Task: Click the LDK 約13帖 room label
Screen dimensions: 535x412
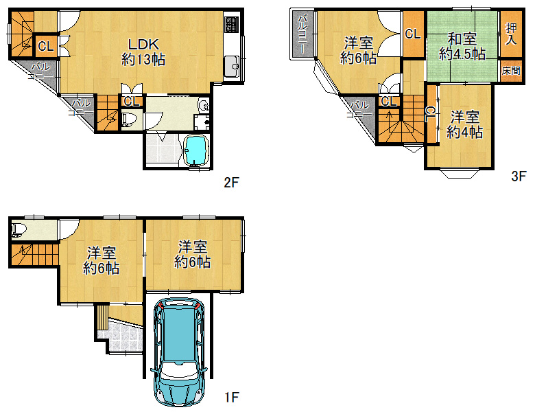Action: pyautogui.click(x=143, y=51)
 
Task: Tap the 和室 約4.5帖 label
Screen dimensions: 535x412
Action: pyautogui.click(x=462, y=46)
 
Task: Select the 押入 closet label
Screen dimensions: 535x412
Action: pyautogui.click(x=511, y=34)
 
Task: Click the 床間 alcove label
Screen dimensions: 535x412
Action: pyautogui.click(x=511, y=71)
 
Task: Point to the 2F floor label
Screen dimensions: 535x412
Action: pyautogui.click(x=231, y=183)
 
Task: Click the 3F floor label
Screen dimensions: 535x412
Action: pyautogui.click(x=519, y=176)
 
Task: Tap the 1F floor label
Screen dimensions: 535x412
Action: pyautogui.click(x=232, y=397)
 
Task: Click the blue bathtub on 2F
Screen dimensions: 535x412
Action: pyautogui.click(x=196, y=150)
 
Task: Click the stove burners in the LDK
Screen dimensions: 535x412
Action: pyautogui.click(x=231, y=25)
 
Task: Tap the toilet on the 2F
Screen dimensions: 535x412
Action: pyautogui.click(x=129, y=119)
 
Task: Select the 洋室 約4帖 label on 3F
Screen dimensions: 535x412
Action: pyautogui.click(x=464, y=124)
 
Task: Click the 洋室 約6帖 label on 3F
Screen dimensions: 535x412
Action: pyautogui.click(x=358, y=50)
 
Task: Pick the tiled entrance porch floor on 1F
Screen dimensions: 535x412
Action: pyautogui.click(x=120, y=336)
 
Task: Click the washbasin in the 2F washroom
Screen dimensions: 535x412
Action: pyautogui.click(x=203, y=106)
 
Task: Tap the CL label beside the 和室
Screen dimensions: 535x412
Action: pyautogui.click(x=413, y=34)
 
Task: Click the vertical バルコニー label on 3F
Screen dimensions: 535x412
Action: pyautogui.click(x=302, y=34)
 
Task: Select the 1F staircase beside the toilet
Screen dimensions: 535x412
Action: pyautogui.click(x=33, y=255)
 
